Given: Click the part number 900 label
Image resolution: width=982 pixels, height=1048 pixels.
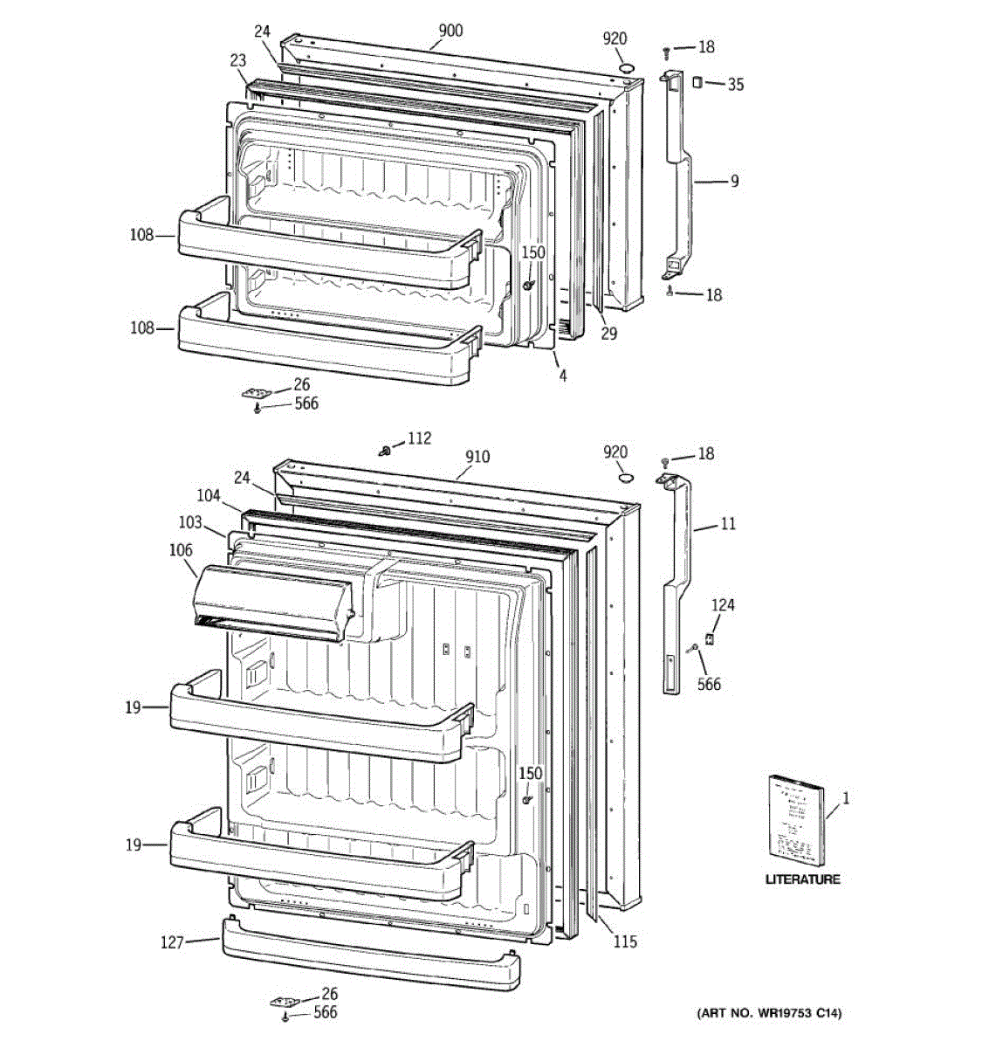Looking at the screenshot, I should pyautogui.click(x=450, y=31).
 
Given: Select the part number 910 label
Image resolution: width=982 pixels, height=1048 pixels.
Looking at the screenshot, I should pyautogui.click(x=477, y=457).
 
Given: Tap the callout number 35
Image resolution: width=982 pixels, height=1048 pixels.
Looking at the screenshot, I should pyautogui.click(x=736, y=85).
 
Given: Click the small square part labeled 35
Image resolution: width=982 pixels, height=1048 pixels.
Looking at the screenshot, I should pyautogui.click(x=697, y=82).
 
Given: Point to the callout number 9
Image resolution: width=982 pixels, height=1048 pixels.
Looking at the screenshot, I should pyautogui.click(x=734, y=182).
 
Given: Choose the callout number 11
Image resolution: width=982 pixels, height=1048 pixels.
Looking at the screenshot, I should pyautogui.click(x=728, y=524).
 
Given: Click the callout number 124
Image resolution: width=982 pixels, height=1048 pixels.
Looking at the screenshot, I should pyautogui.click(x=722, y=605).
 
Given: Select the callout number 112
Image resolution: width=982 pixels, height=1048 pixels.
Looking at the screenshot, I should pyautogui.click(x=419, y=438).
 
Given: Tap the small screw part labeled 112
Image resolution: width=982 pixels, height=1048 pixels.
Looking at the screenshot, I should pyautogui.click(x=384, y=450).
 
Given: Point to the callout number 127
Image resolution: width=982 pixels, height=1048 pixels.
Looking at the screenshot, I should pyautogui.click(x=173, y=942).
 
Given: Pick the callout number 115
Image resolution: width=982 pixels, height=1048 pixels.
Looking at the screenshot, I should pyautogui.click(x=625, y=941).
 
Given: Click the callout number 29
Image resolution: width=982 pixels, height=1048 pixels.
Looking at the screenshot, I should pyautogui.click(x=608, y=333).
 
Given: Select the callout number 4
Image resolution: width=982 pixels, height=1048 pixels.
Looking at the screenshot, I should pyautogui.click(x=563, y=376).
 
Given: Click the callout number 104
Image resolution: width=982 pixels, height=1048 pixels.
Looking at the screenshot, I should pyautogui.click(x=208, y=495).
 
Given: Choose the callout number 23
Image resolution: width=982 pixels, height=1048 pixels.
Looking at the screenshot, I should pyautogui.click(x=237, y=61).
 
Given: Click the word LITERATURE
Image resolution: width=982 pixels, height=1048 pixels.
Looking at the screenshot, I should pyautogui.click(x=802, y=880).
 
